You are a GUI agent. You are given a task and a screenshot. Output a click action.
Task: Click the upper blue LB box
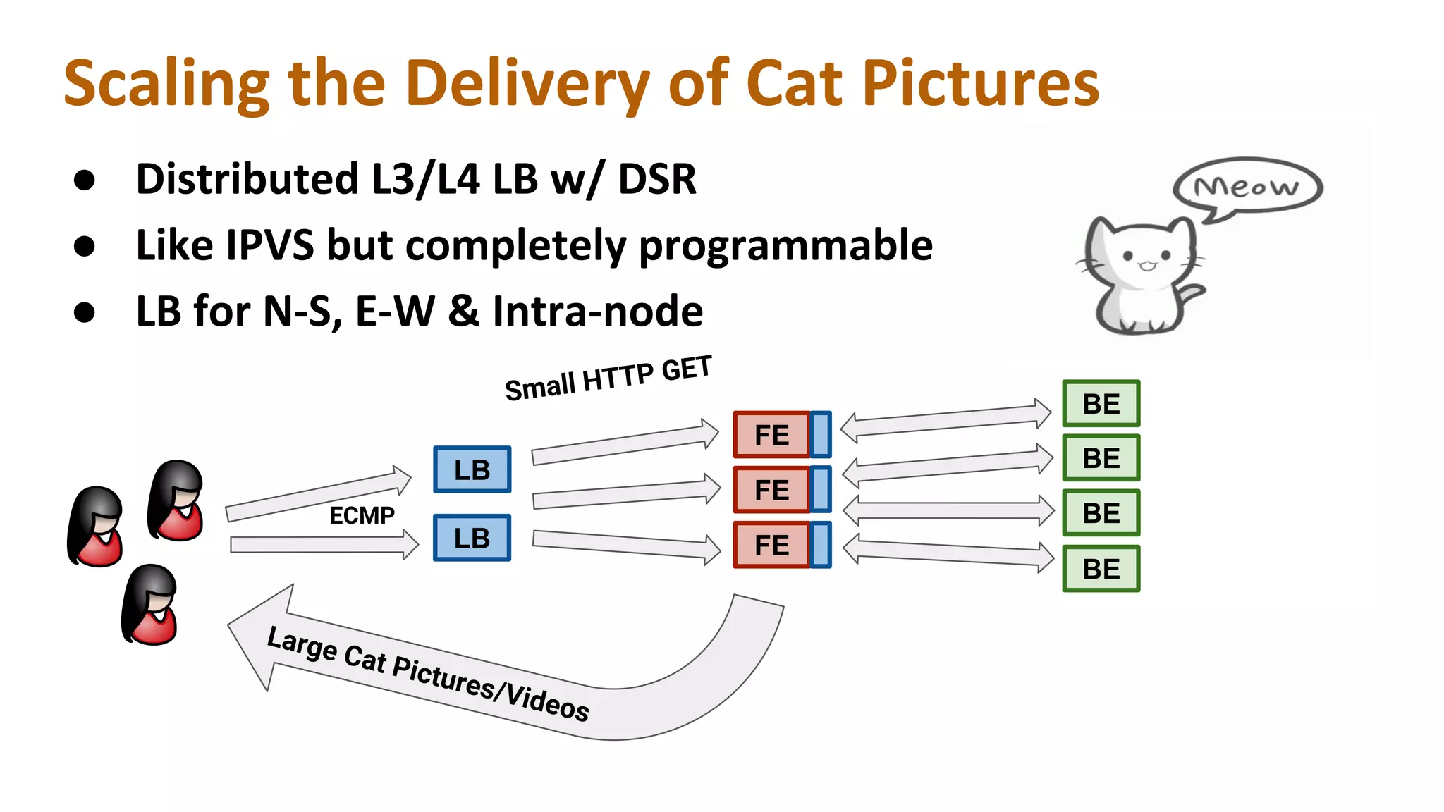472,469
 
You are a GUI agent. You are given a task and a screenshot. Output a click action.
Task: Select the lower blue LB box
472,538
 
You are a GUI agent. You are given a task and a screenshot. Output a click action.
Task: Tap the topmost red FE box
771,435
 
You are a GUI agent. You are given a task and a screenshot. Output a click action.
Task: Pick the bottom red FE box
771,545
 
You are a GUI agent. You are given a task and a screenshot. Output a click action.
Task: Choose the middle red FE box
771,490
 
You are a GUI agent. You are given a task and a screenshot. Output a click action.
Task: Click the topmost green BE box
1101,404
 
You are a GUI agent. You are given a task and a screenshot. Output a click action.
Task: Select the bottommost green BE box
1101,569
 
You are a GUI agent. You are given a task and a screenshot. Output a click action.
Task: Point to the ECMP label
362,515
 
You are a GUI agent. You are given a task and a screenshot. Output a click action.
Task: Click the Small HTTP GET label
608,379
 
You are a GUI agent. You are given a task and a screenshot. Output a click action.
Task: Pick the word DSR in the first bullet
657,179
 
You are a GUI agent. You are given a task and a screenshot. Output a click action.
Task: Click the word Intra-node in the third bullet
597,312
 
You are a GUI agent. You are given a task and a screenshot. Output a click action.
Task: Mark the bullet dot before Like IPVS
85,246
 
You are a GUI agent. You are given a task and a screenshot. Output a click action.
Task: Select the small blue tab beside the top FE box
820,435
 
